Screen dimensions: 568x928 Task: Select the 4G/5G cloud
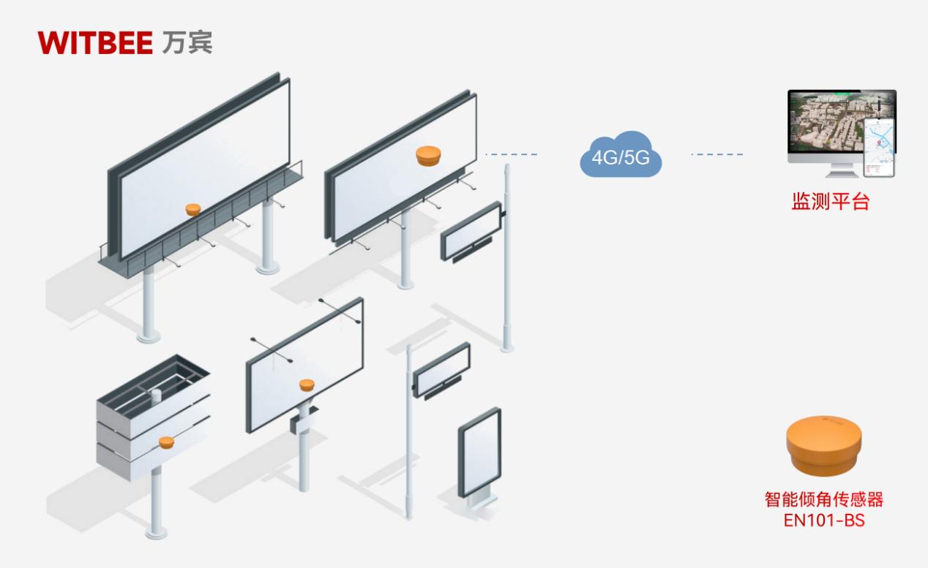tap(620, 156)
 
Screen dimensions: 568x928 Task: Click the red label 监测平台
tap(830, 202)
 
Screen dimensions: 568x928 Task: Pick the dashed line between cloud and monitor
tap(717, 154)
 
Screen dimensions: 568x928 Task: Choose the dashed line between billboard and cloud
tap(511, 154)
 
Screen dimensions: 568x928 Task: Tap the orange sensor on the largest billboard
tap(192, 210)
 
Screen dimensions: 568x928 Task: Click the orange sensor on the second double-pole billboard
tap(429, 155)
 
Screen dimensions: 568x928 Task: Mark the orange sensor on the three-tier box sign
tap(166, 442)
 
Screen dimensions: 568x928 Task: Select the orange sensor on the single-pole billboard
tap(306, 385)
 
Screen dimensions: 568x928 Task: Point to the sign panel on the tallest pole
tap(470, 232)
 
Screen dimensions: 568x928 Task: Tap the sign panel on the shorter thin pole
tap(441, 369)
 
